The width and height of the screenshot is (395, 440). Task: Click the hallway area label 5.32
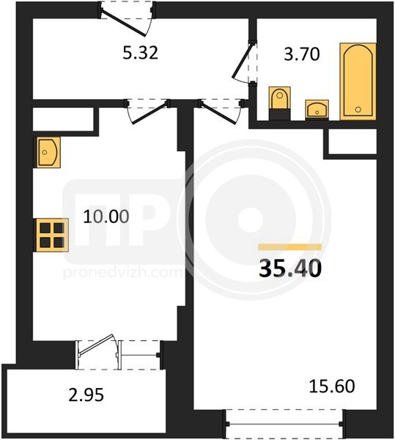(141, 53)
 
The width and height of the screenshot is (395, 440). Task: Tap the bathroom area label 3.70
(302, 54)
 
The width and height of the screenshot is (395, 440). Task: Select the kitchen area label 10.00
(106, 216)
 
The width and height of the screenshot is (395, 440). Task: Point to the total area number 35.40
(290, 268)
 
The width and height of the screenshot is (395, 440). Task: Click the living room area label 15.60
(332, 386)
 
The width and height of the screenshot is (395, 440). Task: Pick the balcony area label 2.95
(86, 395)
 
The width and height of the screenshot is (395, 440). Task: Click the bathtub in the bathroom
(358, 81)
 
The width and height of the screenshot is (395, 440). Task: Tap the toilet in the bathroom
(279, 103)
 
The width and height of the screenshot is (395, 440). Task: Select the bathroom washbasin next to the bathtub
(317, 110)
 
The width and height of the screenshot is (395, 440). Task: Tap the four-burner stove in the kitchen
(51, 235)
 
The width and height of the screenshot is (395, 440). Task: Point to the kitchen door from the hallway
(148, 111)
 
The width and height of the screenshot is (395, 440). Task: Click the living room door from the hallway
(220, 111)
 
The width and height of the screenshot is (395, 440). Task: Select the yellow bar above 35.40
(290, 247)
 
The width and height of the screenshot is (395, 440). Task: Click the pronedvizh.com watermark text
(122, 273)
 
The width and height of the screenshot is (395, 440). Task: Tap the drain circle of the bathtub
(358, 109)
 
